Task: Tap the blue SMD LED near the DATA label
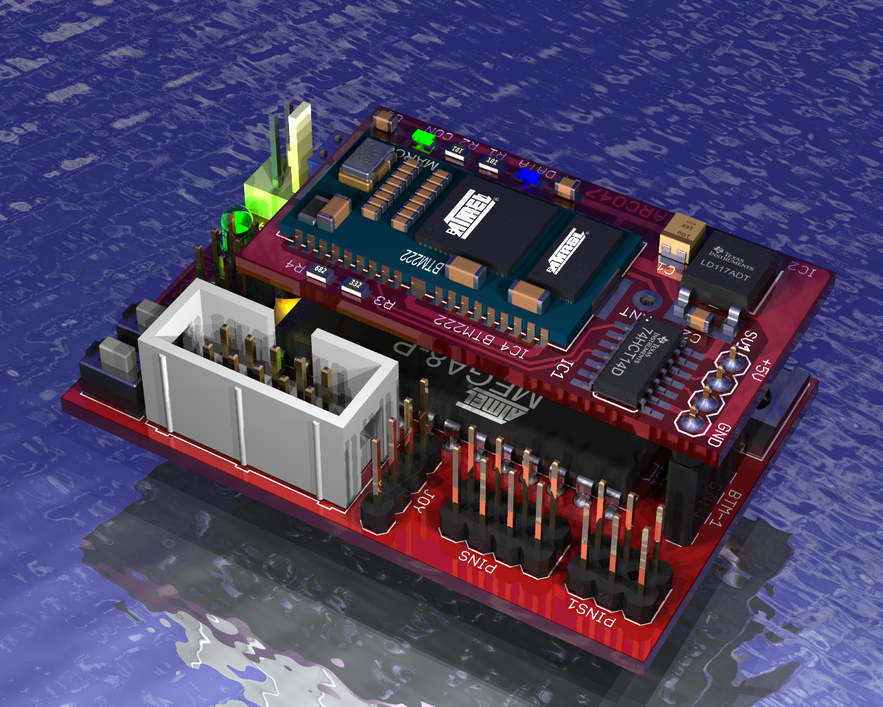530,177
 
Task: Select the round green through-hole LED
236,223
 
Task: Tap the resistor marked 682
319,271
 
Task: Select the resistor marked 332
355,285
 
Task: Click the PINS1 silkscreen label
591,612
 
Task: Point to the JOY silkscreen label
424,501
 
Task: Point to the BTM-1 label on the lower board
724,508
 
